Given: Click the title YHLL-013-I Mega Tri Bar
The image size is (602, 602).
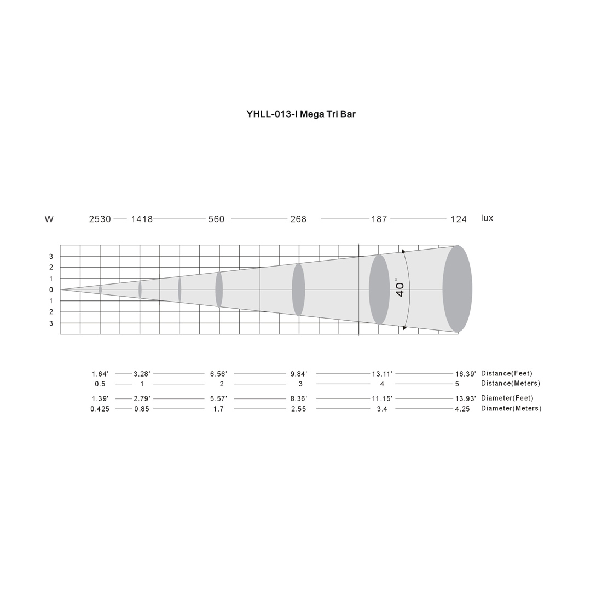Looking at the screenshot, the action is point(301,114).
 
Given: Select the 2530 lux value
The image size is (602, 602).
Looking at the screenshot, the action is point(100,219).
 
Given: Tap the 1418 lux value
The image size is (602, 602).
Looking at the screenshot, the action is point(142,219).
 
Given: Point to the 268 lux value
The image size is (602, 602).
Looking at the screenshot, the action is point(298,219).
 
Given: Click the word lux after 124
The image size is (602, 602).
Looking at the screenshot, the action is point(487,218).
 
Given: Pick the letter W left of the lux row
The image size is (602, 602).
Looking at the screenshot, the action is point(49,219).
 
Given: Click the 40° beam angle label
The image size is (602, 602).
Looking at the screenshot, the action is point(400,288).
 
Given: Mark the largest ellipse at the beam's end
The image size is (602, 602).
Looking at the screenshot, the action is point(458,289).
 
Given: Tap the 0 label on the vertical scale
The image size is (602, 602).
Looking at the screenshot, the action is point(51,290).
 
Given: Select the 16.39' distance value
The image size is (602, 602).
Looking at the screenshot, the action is point(465,374).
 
